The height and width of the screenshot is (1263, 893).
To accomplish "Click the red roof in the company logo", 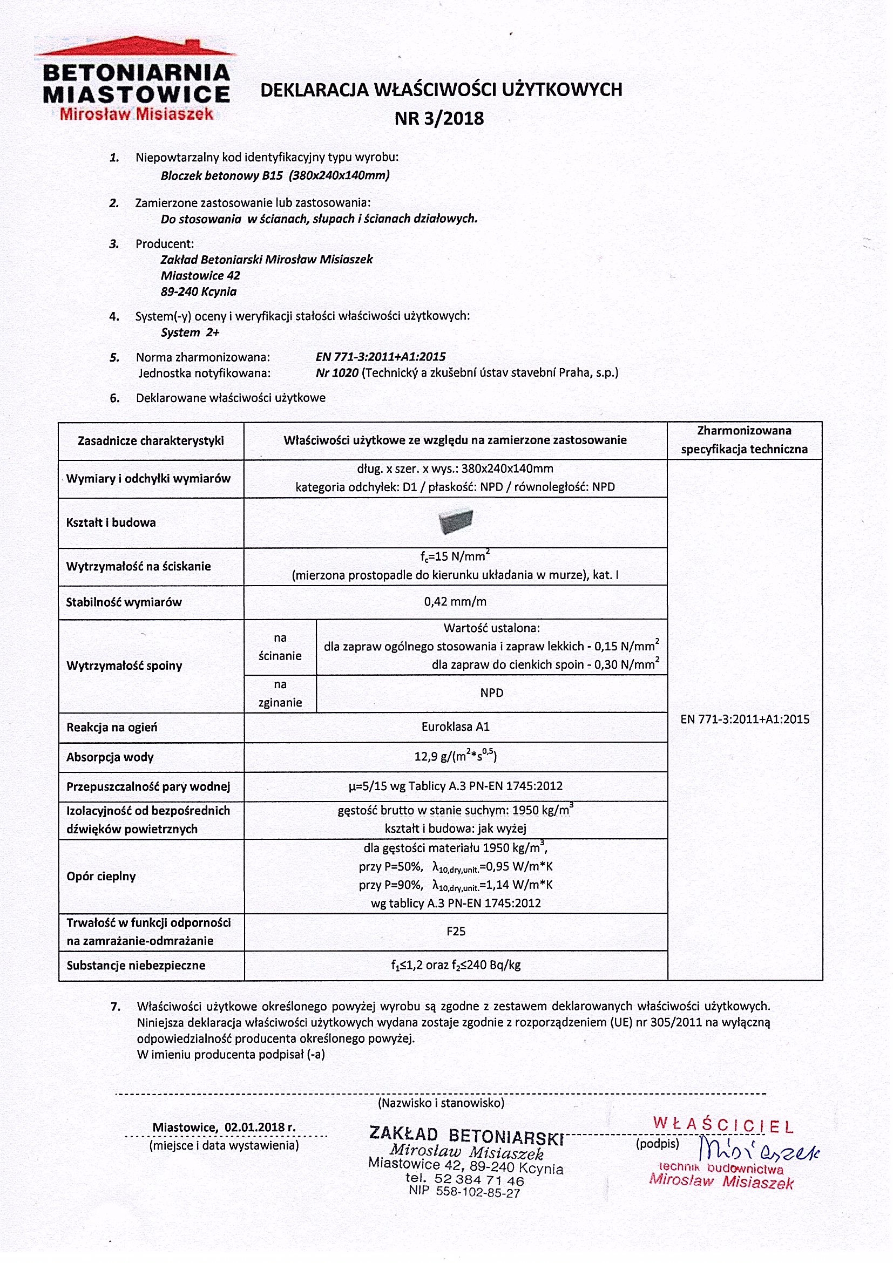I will [x=135, y=48].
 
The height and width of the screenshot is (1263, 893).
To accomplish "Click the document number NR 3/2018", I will [x=439, y=119].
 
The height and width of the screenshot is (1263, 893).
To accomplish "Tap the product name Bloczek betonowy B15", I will [x=222, y=176].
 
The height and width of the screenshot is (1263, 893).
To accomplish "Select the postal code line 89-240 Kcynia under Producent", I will [x=199, y=292].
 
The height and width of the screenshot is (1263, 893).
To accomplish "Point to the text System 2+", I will [x=190, y=333].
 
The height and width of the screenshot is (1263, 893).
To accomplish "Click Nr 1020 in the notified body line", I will [x=337, y=373].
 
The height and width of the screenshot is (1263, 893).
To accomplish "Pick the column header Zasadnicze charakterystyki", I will [x=151, y=440].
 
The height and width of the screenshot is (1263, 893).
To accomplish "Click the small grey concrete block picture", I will [x=456, y=520].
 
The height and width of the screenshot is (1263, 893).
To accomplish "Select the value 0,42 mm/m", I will [x=455, y=602].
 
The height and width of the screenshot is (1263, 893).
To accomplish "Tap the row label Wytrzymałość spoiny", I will [x=124, y=666].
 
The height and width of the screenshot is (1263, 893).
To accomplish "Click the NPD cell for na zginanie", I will [x=491, y=693].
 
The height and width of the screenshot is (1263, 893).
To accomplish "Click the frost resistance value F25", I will [x=456, y=931].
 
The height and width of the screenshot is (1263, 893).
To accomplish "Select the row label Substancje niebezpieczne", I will [x=136, y=966].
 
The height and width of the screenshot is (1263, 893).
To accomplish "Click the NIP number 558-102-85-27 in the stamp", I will [x=478, y=1193].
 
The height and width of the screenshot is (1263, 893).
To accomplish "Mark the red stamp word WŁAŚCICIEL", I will [x=723, y=1125].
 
